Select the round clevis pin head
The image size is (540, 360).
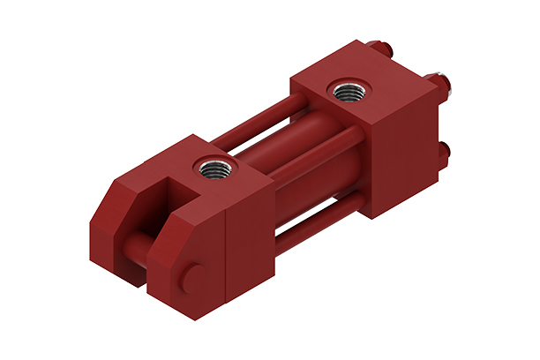coord(195,280)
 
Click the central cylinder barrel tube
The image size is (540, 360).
coord(291,163)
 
